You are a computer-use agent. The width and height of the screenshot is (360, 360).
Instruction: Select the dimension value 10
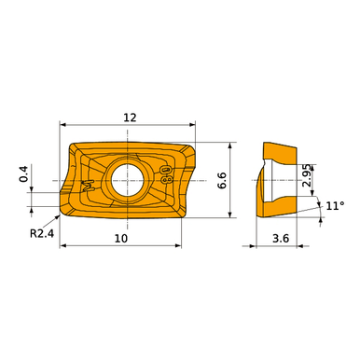click(121, 239)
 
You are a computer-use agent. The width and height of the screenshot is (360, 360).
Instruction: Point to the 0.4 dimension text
click(22, 173)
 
